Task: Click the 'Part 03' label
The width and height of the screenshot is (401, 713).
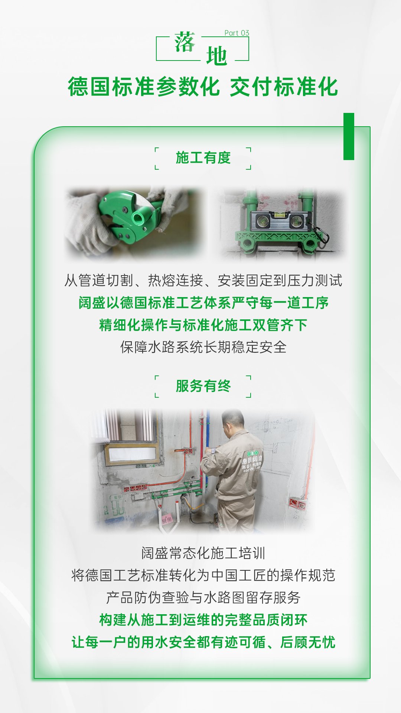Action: (237, 33)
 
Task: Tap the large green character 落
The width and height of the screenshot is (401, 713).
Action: (185, 42)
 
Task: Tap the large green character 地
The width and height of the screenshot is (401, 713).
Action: (216, 56)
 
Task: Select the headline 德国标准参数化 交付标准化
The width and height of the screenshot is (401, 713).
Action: (203, 87)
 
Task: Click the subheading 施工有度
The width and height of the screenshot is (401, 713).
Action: (203, 158)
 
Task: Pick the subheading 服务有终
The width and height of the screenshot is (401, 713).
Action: (203, 386)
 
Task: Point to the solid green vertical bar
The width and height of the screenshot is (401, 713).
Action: (349, 136)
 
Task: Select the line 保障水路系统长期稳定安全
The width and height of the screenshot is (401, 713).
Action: (203, 347)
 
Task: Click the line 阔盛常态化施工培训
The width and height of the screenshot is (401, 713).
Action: (203, 553)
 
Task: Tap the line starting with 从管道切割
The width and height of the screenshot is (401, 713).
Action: (203, 280)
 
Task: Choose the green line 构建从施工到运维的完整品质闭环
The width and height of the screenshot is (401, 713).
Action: (203, 620)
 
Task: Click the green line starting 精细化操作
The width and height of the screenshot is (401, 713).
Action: (203, 325)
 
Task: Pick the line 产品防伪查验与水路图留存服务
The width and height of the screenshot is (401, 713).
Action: (203, 598)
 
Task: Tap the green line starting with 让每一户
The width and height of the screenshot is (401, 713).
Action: (203, 642)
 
